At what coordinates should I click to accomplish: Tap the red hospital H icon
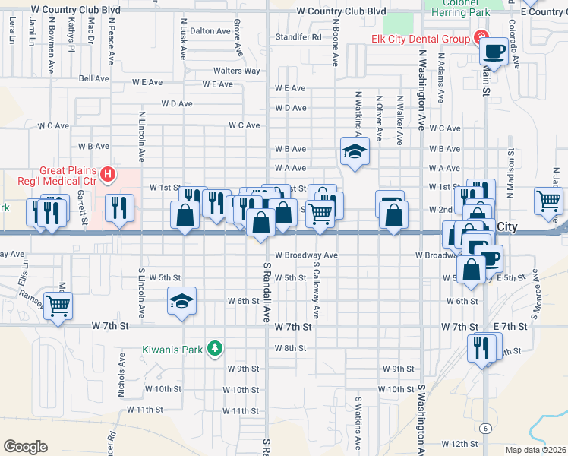(x=108, y=175)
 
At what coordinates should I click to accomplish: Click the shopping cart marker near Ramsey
(x=58, y=306)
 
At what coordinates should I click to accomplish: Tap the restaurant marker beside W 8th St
(x=481, y=349)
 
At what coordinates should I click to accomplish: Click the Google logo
(x=25, y=447)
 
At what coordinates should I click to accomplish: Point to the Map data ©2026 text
(x=535, y=450)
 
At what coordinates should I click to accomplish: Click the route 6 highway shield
(x=484, y=429)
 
